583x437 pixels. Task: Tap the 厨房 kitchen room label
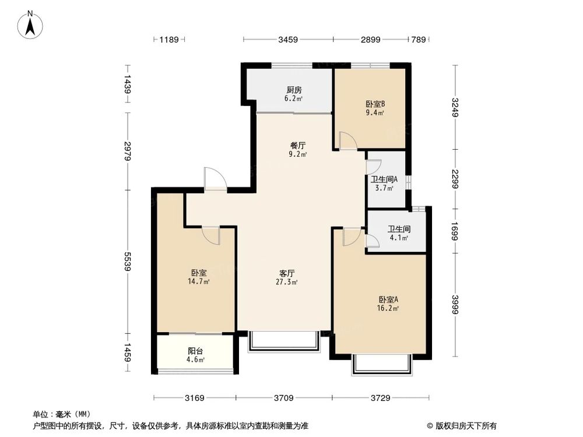(x=294, y=90)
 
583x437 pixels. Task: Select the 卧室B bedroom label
(x=371, y=104)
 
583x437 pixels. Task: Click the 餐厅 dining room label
(x=298, y=146)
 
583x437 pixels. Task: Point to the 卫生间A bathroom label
(x=384, y=179)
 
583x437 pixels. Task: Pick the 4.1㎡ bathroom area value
(x=399, y=238)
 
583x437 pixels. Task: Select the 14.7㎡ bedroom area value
(x=199, y=281)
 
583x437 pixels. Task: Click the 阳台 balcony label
(x=195, y=351)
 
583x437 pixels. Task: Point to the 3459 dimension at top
(x=288, y=40)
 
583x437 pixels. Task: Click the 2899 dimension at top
(x=370, y=40)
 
